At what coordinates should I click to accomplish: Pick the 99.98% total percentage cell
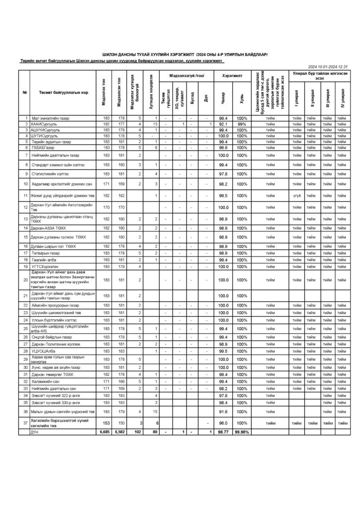click(x=242, y=432)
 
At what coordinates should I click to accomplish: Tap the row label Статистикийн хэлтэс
click(x=50, y=173)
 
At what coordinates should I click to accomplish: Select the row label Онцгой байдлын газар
click(x=51, y=337)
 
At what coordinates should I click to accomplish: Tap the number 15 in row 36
click(x=156, y=412)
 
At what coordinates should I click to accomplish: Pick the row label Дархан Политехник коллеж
click(x=56, y=344)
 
